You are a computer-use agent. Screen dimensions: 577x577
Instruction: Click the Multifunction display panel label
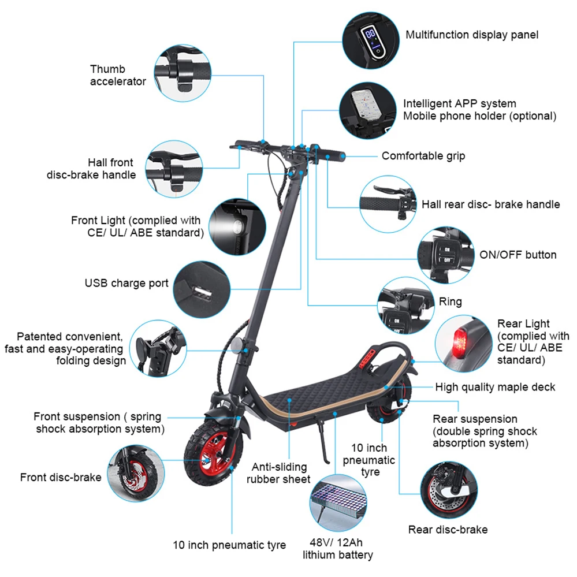(471, 35)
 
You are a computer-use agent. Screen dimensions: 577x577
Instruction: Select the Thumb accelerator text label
(118, 75)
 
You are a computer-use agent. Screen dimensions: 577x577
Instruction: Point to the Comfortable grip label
(423, 156)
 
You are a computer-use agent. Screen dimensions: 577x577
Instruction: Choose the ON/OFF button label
(518, 255)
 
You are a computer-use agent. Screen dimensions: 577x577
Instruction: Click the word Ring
(450, 301)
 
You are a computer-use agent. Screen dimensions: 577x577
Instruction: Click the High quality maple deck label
(495, 387)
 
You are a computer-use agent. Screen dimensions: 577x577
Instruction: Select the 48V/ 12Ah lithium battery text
(338, 549)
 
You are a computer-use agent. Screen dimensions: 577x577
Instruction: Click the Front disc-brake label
(61, 477)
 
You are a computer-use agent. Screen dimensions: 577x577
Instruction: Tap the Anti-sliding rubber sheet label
(278, 472)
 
